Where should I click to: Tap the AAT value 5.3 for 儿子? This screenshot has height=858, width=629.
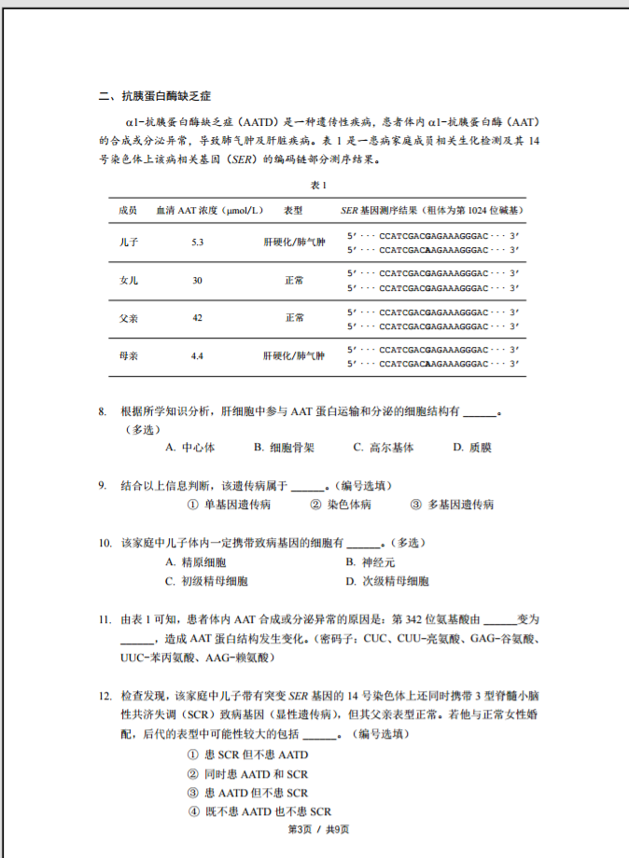pyautogui.click(x=197, y=242)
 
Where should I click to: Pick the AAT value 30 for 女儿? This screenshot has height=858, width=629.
pyautogui.click(x=197, y=280)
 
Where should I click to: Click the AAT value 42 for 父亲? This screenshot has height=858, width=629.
pyautogui.click(x=197, y=318)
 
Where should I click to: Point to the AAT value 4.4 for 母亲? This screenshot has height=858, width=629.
pyautogui.click(x=197, y=355)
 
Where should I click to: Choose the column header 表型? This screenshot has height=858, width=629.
pyautogui.click(x=293, y=211)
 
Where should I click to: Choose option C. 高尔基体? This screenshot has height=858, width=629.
pyautogui.click(x=383, y=448)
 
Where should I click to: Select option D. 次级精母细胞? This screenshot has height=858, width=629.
pyautogui.click(x=386, y=581)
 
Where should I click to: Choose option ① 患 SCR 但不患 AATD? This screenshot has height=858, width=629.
pyautogui.click(x=247, y=754)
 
